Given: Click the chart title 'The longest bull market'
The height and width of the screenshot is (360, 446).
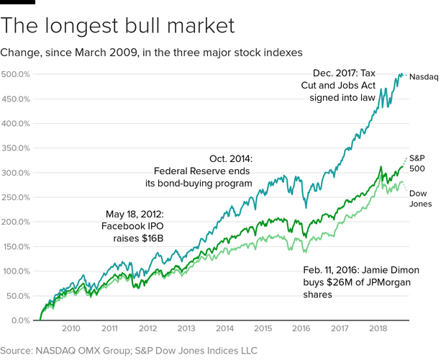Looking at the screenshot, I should [x=118, y=26].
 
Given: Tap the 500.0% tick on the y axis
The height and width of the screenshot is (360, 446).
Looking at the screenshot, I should [x=15, y=74].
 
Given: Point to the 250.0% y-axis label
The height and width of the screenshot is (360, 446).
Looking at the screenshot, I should [x=15, y=197].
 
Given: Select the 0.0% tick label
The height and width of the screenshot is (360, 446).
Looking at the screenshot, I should [x=19, y=320].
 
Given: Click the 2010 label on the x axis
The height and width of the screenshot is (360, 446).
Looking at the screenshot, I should [x=70, y=328].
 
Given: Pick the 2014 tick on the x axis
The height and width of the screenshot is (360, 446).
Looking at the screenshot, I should [x=225, y=328].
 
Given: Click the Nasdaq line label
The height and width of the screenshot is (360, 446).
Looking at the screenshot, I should [x=424, y=76].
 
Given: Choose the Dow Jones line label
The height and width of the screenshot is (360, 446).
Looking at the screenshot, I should [x=420, y=199].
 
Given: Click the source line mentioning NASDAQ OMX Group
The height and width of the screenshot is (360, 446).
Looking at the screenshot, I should [x=129, y=350].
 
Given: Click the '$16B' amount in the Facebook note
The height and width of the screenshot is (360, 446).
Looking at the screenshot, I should [x=151, y=239].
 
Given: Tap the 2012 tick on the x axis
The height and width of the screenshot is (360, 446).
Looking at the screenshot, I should [x=147, y=328].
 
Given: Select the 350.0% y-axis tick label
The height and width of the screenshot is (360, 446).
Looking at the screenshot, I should [x=15, y=148].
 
